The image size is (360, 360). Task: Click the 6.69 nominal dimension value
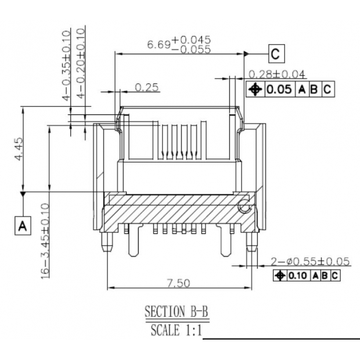click(x=159, y=45)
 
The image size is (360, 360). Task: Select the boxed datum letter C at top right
click(x=276, y=55)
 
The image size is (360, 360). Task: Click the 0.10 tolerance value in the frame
click(x=299, y=275)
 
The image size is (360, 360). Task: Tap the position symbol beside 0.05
click(x=255, y=89)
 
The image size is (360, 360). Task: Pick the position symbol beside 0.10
click(x=280, y=275)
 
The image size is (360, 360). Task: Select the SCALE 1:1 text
click(x=176, y=331)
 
